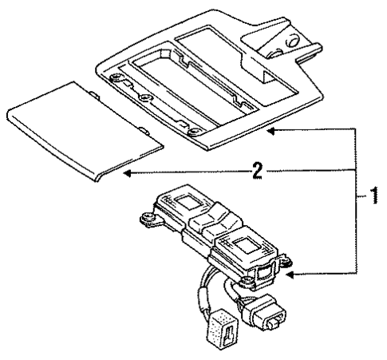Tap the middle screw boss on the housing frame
pyautogui.click(x=145, y=98)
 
